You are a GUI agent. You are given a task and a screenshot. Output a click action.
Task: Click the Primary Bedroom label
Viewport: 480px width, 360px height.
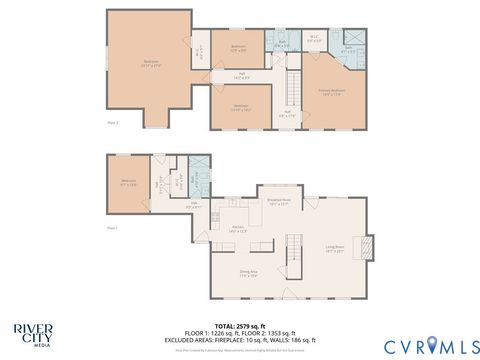pos(333,93)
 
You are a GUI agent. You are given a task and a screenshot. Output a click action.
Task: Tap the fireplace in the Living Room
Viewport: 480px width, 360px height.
pos(368,246)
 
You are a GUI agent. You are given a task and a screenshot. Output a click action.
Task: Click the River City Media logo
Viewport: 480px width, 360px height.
pos(33,333)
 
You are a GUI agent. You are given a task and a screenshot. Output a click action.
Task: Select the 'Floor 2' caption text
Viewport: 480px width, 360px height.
pos(113,122)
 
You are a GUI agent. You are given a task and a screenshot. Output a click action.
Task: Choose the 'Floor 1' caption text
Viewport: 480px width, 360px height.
pos(113,228)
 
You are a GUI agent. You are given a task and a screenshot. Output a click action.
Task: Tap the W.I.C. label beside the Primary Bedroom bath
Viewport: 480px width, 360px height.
pos(314,41)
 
